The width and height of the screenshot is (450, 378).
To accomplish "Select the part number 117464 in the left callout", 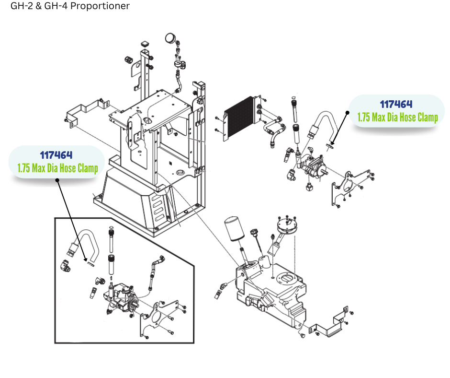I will [x=56, y=155].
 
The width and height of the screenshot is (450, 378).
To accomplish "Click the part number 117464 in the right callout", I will [x=396, y=104].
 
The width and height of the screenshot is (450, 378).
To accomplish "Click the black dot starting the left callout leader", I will [x=57, y=181].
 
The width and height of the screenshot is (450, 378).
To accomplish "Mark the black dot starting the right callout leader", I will [x=348, y=112].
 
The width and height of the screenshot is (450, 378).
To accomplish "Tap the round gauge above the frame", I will [x=170, y=37].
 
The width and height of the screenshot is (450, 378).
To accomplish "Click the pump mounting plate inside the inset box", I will [x=158, y=319].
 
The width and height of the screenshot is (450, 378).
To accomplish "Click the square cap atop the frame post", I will [x=144, y=45].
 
